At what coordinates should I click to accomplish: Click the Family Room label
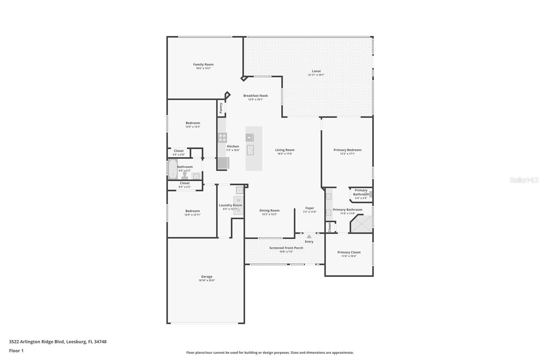[203, 65]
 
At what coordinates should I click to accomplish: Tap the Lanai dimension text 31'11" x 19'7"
[316, 75]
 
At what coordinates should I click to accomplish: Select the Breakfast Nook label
[255, 96]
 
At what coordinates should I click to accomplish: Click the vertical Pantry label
[221, 108]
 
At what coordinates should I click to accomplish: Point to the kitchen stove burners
[222, 137]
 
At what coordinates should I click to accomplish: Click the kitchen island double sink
[250, 150]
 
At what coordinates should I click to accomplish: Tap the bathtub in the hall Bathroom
[173, 169]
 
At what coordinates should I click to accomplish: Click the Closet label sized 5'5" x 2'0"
[179, 151]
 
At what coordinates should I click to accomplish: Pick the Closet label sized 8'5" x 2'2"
[185, 183]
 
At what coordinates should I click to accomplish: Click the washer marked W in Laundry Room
[239, 200]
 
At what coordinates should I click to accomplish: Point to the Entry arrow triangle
[309, 236]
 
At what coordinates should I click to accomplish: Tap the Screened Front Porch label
[286, 248]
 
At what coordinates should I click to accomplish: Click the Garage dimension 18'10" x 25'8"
[207, 280]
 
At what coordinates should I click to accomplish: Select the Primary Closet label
[349, 252]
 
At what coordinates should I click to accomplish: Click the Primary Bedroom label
[347, 150]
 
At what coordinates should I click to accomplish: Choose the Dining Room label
[269, 210]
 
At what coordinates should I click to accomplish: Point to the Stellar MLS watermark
[524, 180]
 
